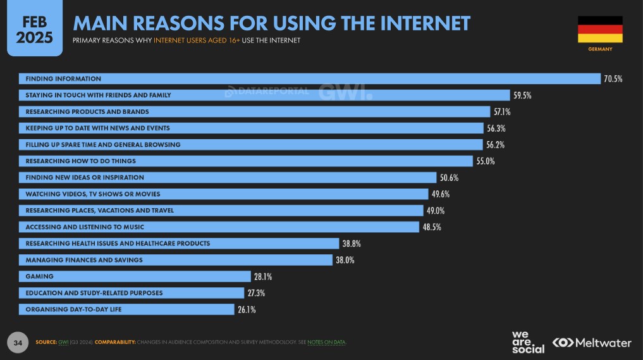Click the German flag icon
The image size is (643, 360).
tap(600, 30)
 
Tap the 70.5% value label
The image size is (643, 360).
tap(613, 79)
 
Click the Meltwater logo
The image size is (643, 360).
tap(591, 342)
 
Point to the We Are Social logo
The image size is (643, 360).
tap(527, 342)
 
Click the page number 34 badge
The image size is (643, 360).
tap(18, 343)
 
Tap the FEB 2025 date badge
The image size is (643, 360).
tap(34, 28)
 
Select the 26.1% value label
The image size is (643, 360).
tap(247, 309)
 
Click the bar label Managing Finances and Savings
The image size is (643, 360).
tap(84, 260)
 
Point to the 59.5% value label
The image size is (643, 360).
tap(522, 96)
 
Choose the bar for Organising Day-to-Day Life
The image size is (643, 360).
tap(126, 309)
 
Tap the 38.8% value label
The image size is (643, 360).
tap(352, 244)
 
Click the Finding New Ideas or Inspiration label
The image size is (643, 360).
tap(85, 178)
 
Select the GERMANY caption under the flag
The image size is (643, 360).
tap(600, 49)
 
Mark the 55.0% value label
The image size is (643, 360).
tap(485, 161)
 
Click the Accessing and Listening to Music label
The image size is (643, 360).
tap(85, 227)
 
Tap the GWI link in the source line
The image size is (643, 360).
tap(63, 342)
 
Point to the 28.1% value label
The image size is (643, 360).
tap(263, 276)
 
